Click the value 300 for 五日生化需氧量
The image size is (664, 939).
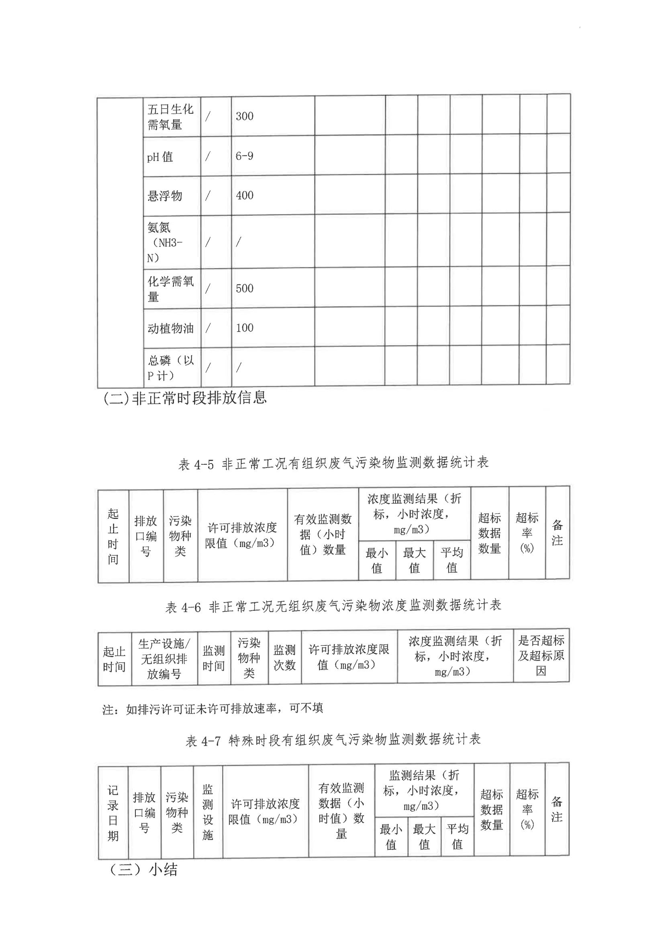coord(244,116)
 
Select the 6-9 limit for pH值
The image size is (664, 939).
coord(244,156)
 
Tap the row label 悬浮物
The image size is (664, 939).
coord(164,196)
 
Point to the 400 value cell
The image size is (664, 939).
coord(244,196)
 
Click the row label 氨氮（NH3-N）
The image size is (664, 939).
coord(165,243)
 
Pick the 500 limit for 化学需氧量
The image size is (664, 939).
coord(244,288)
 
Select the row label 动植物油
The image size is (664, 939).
coord(170,328)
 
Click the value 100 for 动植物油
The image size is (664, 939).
coord(244,328)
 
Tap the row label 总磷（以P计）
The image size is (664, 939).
coord(170,367)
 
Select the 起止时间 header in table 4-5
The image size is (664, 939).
coord(113,536)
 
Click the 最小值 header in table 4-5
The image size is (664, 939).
coord(377,560)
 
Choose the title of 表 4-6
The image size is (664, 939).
coord(333,606)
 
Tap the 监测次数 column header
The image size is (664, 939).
coord(284,657)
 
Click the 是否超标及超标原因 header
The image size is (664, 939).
coord(541,655)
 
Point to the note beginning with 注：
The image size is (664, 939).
coord(213,708)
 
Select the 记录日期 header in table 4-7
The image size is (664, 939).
coord(113,812)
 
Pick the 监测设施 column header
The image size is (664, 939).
coord(208,812)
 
